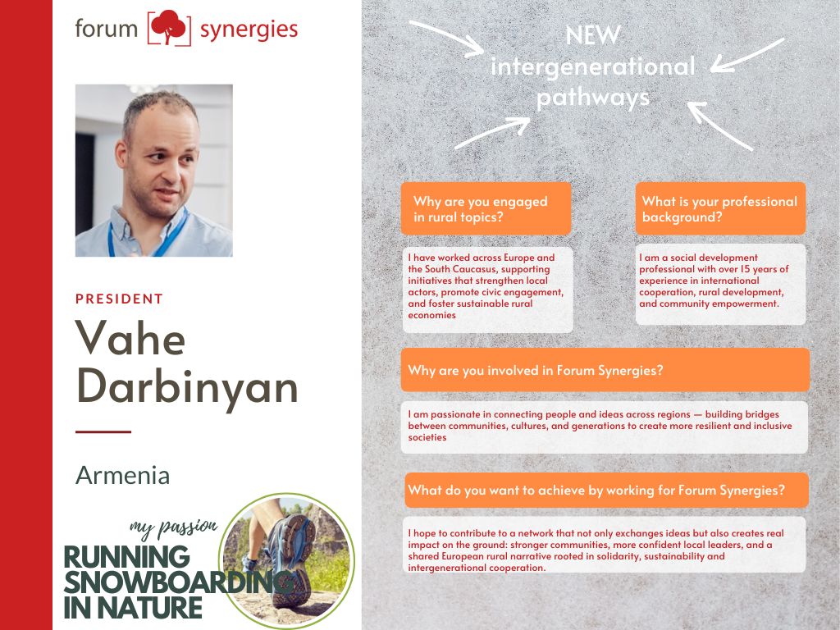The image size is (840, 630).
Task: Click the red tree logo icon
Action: tap(169, 27)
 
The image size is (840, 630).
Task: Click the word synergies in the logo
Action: tap(249, 30)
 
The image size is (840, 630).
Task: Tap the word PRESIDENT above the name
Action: tap(119, 299)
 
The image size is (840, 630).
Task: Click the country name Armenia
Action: tap(123, 475)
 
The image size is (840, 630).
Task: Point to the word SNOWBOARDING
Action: tap(178, 582)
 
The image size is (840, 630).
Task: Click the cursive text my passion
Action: tap(174, 529)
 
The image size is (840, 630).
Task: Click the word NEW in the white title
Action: tap(592, 36)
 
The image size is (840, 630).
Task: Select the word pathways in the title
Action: tap(592, 98)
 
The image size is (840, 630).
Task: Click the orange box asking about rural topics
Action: tap(486, 208)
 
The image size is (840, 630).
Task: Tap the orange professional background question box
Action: tap(720, 208)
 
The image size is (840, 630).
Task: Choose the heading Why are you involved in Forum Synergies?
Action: tap(536, 371)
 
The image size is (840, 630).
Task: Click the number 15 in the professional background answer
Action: tap(745, 269)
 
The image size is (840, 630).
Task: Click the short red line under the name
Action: tap(103, 431)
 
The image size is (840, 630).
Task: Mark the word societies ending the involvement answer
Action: tap(427, 438)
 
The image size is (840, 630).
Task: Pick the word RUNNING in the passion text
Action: tap(127, 557)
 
